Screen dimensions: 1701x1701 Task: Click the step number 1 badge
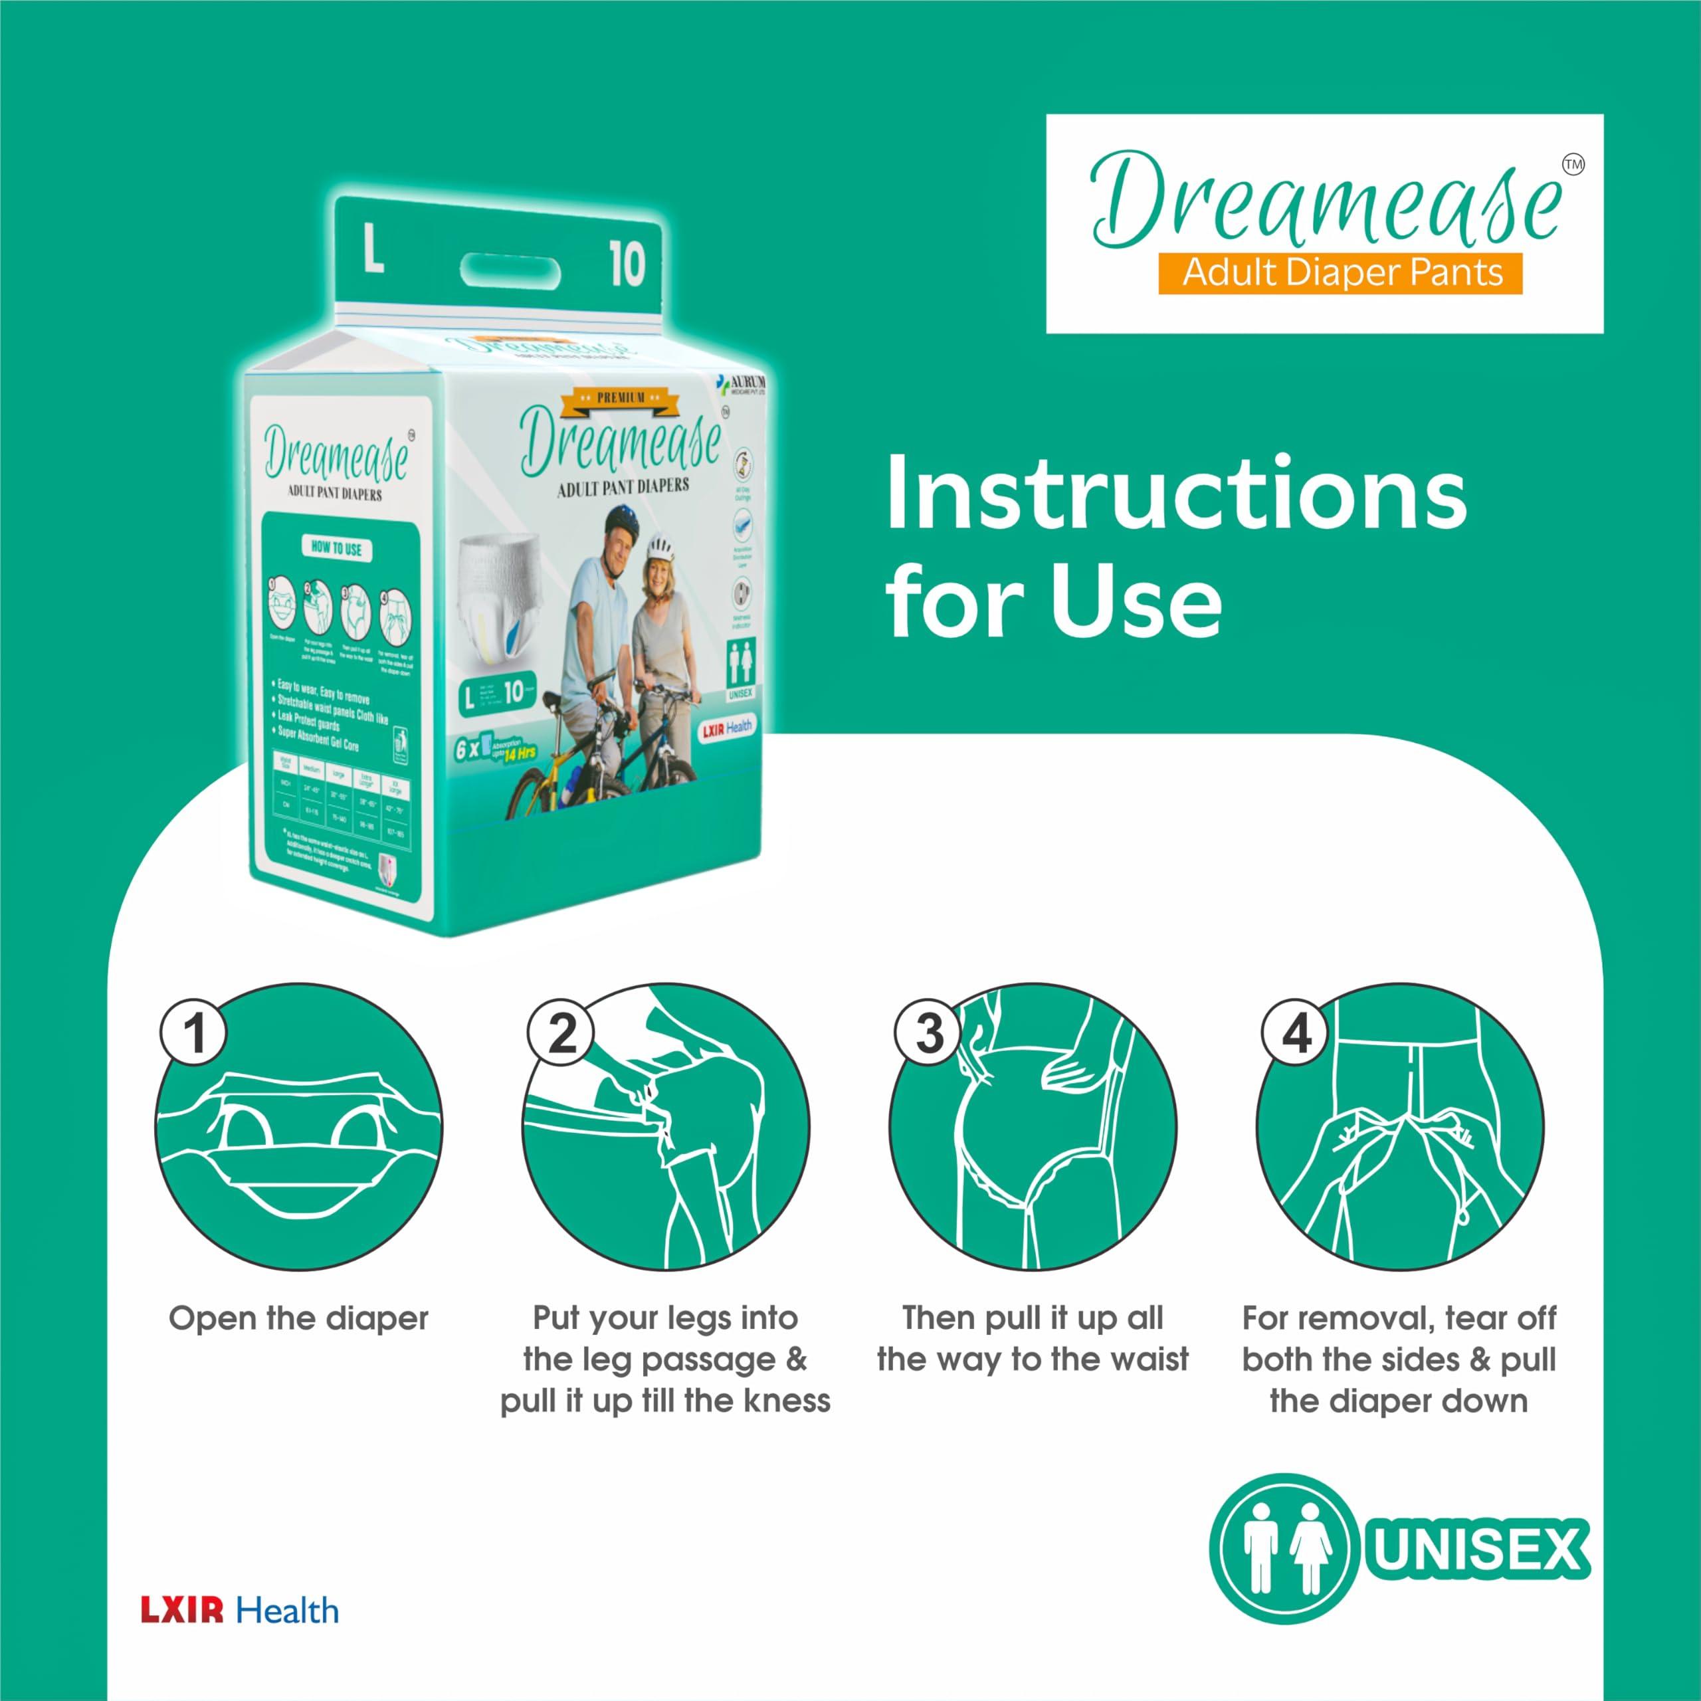(194, 1032)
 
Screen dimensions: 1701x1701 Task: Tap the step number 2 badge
(561, 1032)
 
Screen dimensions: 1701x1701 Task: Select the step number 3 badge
(928, 1032)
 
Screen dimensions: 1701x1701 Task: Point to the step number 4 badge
(1295, 1032)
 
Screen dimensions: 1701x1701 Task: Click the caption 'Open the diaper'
(298, 1318)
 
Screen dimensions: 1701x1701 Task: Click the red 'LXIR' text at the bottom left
(182, 1611)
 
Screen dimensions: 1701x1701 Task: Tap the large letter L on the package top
(373, 249)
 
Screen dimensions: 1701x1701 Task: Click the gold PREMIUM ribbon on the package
(621, 399)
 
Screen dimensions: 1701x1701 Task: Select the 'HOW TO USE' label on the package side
(336, 548)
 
